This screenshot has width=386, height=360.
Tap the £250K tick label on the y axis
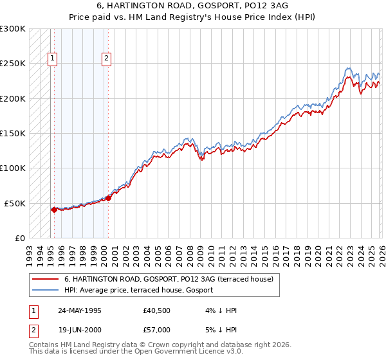point(13,64)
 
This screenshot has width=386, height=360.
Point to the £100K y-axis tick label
point(13,168)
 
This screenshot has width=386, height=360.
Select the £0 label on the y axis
point(19,238)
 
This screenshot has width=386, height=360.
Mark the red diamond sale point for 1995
point(54,210)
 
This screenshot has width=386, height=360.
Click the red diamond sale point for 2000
point(108,198)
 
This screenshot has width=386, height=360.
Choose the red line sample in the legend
point(46,279)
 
